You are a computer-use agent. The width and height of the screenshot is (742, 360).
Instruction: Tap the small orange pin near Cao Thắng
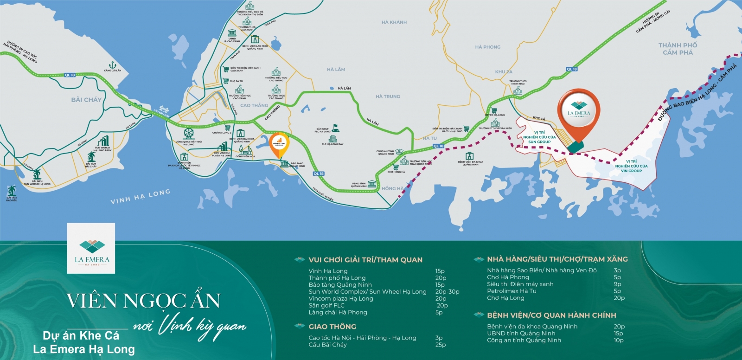[x=279, y=143]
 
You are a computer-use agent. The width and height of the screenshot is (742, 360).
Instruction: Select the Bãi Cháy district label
[x=86, y=100]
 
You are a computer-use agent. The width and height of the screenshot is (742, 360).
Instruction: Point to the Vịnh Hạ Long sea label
[x=140, y=197]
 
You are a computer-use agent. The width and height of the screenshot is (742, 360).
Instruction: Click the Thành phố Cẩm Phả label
[x=678, y=49]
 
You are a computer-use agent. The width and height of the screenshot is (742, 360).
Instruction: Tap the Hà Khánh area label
[x=394, y=22]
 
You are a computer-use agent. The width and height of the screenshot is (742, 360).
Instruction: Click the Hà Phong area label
[x=487, y=47]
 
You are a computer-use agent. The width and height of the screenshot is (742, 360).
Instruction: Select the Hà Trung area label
[x=388, y=96]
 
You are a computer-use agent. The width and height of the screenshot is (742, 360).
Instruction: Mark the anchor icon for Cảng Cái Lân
[x=112, y=65]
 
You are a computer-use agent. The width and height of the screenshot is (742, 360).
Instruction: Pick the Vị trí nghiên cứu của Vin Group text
[x=631, y=166]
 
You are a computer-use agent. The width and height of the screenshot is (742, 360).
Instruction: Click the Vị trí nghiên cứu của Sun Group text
[x=539, y=137]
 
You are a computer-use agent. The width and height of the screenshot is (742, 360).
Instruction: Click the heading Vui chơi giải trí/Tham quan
[x=365, y=260]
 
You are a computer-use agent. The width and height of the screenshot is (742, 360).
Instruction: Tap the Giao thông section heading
[x=333, y=327]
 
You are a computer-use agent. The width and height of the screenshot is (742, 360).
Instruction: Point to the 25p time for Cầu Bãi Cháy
[x=440, y=345]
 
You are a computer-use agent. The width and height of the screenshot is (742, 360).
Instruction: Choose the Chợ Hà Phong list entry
[x=508, y=277]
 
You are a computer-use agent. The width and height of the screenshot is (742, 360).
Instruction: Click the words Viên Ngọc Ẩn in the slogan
[x=143, y=301]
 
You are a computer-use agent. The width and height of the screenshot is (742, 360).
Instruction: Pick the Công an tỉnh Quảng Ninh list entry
[x=524, y=340]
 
